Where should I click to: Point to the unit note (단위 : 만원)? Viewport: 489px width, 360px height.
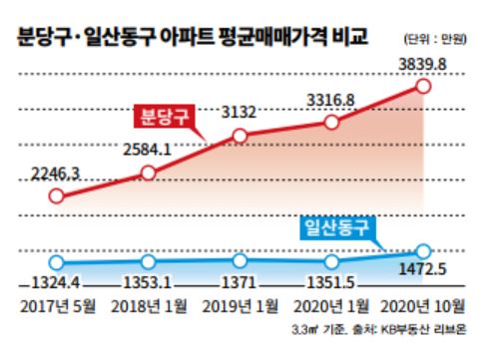pyautogui.click(x=435, y=41)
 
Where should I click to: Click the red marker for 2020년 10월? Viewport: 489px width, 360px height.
pyautogui.click(x=422, y=86)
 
